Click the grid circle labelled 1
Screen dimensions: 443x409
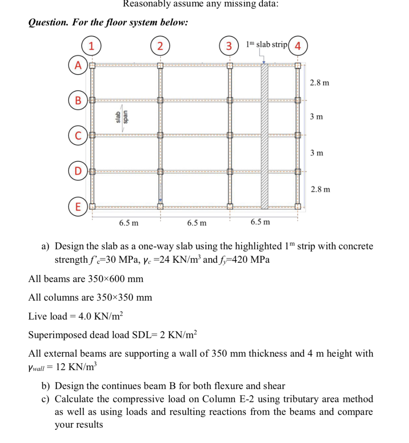coord(91,46)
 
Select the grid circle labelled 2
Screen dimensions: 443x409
coord(160,46)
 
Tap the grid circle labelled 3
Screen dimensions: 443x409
coord(229,46)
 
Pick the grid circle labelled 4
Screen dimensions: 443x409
coord(298,46)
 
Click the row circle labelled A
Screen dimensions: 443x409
coord(78,65)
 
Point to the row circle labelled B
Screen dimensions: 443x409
coord(78,100)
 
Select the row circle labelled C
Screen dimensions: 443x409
coord(78,135)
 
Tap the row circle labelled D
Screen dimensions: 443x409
coord(78,171)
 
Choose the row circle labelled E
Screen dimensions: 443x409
coord(78,206)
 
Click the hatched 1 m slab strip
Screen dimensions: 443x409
coord(264,137)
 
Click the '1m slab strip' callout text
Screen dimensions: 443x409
coord(266,44)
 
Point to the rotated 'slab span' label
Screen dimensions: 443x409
coord(122,116)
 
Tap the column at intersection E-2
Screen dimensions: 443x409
coord(160,206)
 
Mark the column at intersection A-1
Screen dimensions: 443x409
coord(92,66)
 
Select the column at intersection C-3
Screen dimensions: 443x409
coord(229,135)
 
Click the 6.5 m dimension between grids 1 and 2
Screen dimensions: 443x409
coord(128,223)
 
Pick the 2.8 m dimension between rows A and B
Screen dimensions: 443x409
coord(319,83)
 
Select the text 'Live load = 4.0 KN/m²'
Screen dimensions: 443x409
coord(76,316)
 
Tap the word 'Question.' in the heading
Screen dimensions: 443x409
coord(48,22)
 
